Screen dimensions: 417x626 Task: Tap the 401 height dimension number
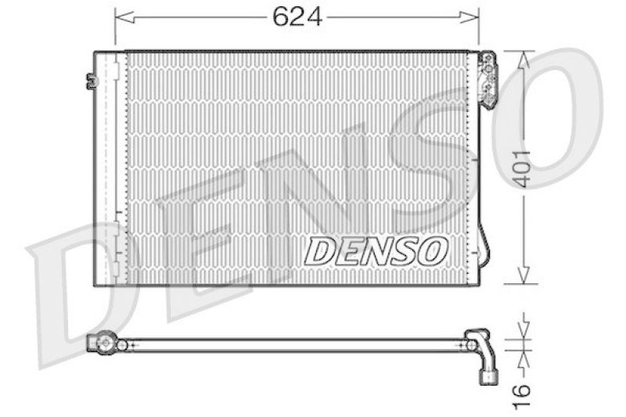pyautogui.click(x=522, y=167)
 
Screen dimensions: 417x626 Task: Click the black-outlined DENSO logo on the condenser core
pyautogui.click(x=376, y=251)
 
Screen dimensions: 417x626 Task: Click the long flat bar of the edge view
pyautogui.click(x=297, y=344)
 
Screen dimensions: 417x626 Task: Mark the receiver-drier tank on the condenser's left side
pyautogui.click(x=110, y=168)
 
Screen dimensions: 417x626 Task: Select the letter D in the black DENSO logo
pyautogui.click(x=318, y=251)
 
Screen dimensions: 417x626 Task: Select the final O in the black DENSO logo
pyautogui.click(x=433, y=251)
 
